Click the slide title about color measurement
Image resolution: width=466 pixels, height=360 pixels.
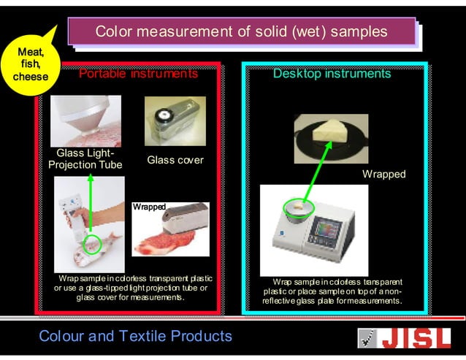[241, 32]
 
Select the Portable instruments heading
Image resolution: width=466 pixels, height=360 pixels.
[138, 74]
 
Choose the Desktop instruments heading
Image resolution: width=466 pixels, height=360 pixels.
[332, 74]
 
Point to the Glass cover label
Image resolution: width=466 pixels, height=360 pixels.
[175, 160]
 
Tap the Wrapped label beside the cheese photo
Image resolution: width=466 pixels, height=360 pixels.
[383, 175]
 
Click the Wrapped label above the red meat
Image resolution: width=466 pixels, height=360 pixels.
[149, 207]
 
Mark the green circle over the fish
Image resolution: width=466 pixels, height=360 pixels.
[92, 243]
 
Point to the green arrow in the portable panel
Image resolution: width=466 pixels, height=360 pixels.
[91, 204]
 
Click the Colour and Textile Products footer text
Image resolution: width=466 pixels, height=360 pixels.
[135, 337]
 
